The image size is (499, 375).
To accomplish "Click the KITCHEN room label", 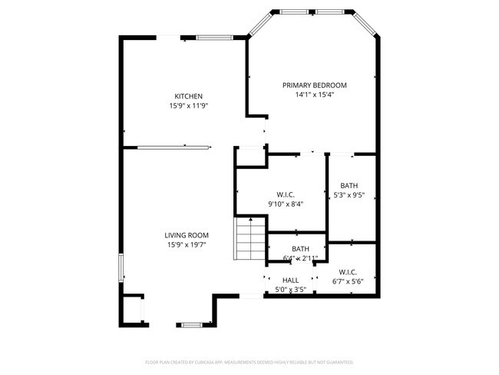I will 188,96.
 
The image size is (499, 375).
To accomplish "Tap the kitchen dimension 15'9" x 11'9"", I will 188,106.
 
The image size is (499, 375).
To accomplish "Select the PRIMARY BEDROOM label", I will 315,85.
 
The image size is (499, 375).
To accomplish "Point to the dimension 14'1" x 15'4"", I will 315,95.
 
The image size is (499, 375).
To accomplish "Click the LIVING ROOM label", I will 187,235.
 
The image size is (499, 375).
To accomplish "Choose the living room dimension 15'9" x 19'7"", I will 187,245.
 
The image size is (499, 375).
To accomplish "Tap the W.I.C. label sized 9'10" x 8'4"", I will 286,194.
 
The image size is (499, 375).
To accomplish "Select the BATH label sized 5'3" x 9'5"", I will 349,186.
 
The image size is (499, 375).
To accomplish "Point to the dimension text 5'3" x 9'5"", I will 349,196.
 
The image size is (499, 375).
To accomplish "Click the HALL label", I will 291,280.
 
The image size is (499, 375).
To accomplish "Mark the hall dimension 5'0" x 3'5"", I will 291,290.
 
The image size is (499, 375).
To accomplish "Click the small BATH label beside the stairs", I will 300,248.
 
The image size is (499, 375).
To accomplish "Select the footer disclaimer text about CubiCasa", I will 249,361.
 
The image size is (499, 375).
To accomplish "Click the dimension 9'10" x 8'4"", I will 286,204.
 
